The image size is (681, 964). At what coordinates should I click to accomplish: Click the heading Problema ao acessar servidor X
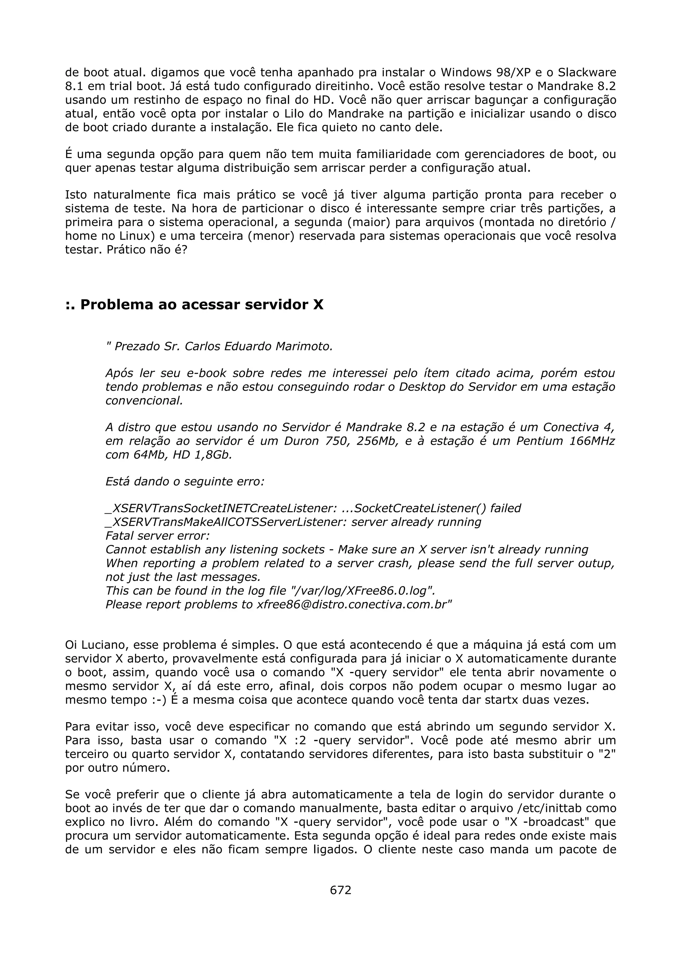click(x=194, y=304)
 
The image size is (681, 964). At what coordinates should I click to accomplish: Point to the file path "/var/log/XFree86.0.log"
click(x=363, y=590)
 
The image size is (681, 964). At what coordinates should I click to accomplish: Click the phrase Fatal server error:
click(x=157, y=536)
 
